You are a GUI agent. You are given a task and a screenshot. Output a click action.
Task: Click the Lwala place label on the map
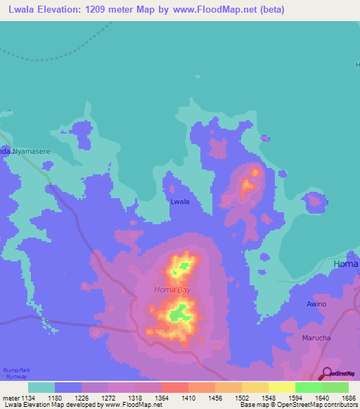pos(180,202)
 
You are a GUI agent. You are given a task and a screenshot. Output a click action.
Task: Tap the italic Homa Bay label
pos(172,290)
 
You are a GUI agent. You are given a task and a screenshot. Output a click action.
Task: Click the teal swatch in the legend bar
pos(41,387)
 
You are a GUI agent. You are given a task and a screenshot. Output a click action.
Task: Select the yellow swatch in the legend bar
pos(281,387)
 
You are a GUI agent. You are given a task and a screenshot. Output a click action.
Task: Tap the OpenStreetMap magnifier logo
pos(324,373)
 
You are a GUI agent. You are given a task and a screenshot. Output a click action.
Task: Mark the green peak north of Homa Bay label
pos(184,266)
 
